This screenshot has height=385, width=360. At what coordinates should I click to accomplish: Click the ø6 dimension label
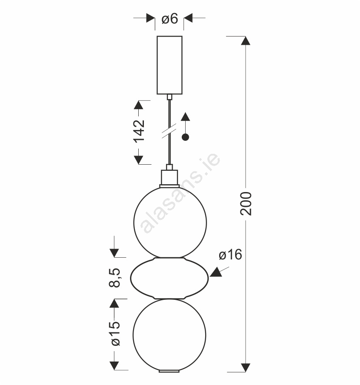[x=170, y=19]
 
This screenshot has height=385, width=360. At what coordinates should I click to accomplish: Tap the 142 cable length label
[x=139, y=131]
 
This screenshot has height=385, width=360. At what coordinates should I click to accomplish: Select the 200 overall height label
[x=246, y=204]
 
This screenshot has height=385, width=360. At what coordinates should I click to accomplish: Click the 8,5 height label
[x=114, y=278]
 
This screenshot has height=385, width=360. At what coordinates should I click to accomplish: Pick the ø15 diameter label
[x=116, y=333]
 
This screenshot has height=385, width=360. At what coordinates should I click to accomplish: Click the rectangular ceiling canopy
[x=170, y=65]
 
